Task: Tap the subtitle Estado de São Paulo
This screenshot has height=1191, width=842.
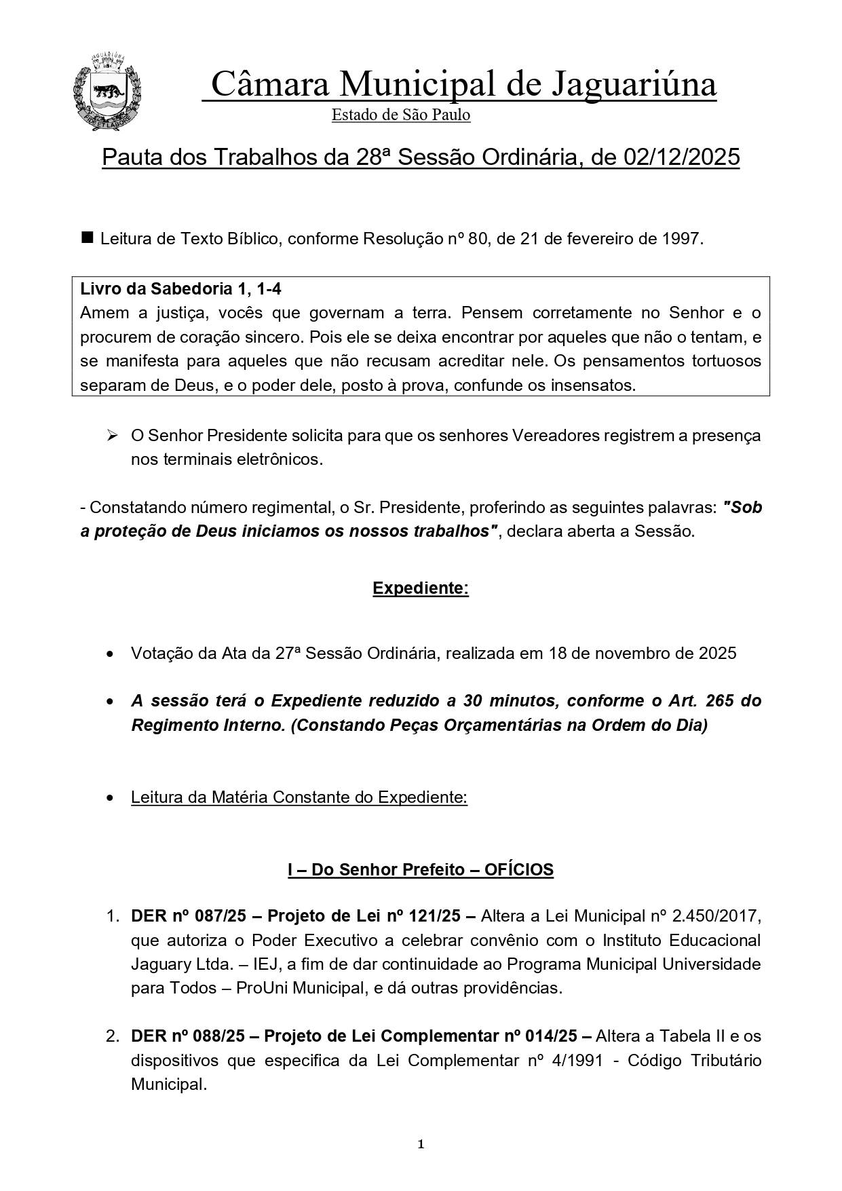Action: (x=401, y=115)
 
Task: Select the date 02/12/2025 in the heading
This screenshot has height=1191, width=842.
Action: (x=681, y=157)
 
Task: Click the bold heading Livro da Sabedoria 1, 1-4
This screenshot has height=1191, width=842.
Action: (x=180, y=289)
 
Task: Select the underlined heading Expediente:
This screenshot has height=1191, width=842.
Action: (x=421, y=588)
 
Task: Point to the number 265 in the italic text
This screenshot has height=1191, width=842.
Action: (x=719, y=700)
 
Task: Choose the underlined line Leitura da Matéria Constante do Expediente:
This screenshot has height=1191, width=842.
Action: (x=299, y=797)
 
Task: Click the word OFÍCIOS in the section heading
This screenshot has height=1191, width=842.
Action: (x=519, y=869)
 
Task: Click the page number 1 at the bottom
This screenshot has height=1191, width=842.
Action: (x=421, y=1145)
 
